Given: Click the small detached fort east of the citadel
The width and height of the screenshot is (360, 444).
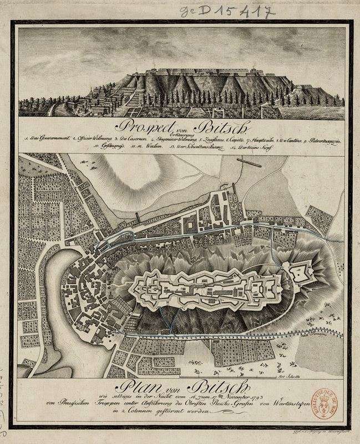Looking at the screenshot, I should click(x=302, y=273).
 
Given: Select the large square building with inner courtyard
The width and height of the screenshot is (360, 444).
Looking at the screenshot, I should click(x=191, y=225).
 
